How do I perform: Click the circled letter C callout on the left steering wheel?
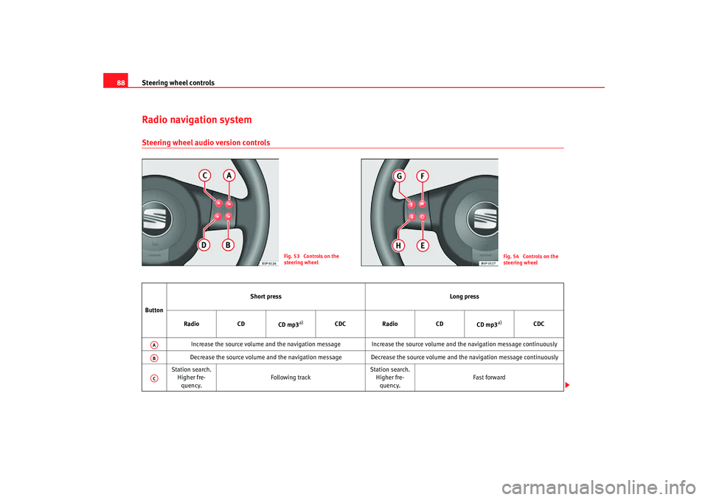coord(205,176)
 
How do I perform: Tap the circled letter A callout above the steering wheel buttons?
coord(229,176)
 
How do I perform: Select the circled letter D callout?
coord(204,246)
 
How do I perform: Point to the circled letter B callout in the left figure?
coord(228,246)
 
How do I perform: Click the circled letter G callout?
coord(399,176)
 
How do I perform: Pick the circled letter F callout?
coord(423,176)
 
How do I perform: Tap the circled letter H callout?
coord(398,246)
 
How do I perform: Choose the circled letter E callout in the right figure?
coord(423,246)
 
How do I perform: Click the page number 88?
coord(120,83)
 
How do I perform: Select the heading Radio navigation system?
coord(197,119)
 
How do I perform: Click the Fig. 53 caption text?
coord(311,260)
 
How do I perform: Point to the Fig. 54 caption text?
coord(530,260)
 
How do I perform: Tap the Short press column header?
coord(265,296)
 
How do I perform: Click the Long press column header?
coord(464,296)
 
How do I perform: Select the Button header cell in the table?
coord(154,310)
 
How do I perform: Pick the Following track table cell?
coord(291,377)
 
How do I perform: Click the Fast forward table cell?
coord(489,377)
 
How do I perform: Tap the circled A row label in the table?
coord(154,344)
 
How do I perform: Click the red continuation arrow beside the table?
coord(567,385)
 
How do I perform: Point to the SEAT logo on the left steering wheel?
coord(155,220)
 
